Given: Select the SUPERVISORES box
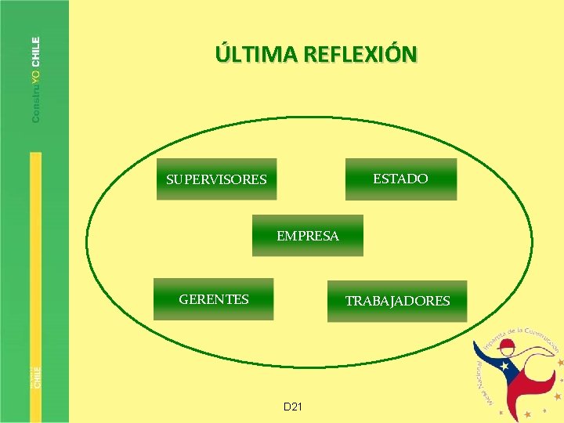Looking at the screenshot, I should [216, 179].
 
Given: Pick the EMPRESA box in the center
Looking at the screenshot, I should [308, 236].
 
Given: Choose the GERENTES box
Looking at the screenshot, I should [214, 299].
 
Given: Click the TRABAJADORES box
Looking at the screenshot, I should [397, 301].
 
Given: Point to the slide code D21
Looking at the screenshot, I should [294, 407].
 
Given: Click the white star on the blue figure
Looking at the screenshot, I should [505, 367].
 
